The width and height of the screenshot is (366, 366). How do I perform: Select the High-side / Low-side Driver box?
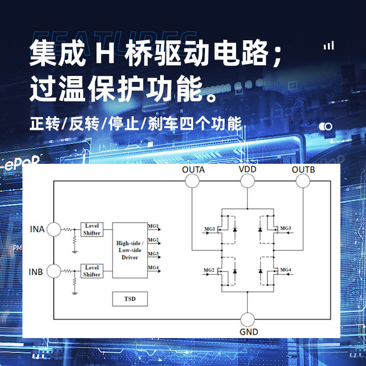130,250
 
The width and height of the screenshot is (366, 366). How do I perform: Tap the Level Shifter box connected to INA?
92,229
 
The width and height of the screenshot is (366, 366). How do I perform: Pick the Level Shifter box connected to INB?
92,271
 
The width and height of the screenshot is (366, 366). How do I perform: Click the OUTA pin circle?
192,181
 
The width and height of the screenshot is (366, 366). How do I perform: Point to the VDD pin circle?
248,181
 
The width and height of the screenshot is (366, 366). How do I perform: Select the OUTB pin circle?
303,181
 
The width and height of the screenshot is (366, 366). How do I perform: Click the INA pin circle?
54,229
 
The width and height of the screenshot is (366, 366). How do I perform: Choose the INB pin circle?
54,271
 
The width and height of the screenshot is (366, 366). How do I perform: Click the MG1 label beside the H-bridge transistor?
209,228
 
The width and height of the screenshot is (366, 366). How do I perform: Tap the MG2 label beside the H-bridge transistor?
209,270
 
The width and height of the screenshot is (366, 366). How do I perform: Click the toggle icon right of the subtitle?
326,126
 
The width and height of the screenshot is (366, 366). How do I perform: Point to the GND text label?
249,332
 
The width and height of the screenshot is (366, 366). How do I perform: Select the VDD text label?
248,169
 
